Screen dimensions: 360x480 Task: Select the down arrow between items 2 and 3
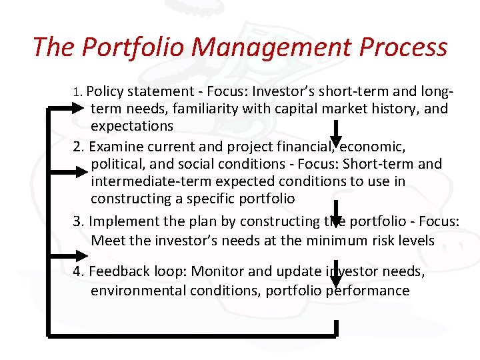pos(337,212)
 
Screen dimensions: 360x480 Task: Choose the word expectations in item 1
pos(132,126)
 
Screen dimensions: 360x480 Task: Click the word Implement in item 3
pos(122,221)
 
